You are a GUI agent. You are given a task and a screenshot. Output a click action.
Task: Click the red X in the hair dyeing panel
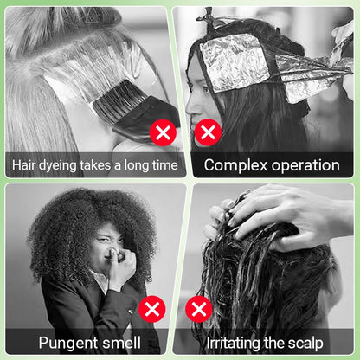pyautogui.click(x=162, y=132)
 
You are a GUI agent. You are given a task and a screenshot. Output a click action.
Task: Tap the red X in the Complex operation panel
pyautogui.click(x=208, y=132)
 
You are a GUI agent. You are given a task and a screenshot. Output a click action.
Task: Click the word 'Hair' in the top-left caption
pyautogui.click(x=25, y=164)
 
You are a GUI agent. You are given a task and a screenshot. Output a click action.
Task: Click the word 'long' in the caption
pyautogui.click(x=134, y=164)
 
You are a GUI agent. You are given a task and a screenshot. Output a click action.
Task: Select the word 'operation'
pyautogui.click(x=304, y=165)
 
